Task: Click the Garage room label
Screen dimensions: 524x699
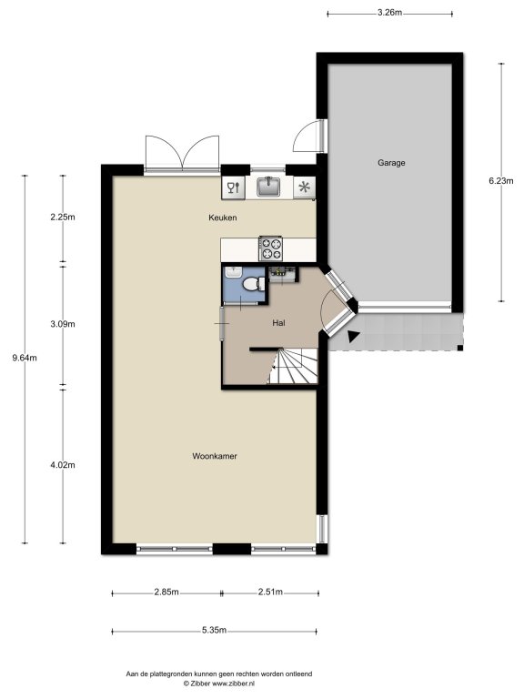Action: point(391,163)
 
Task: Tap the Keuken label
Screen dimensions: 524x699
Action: point(222,218)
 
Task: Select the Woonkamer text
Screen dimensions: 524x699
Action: point(215,456)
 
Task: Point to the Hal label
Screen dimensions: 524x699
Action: point(279,323)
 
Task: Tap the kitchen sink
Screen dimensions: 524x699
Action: point(268,187)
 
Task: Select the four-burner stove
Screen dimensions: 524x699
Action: point(271,248)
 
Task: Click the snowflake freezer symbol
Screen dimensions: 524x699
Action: point(305,187)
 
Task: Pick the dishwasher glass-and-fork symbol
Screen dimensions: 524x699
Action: point(234,187)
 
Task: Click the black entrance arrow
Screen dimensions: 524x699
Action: point(353,337)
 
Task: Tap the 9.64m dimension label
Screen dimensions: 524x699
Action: point(25,358)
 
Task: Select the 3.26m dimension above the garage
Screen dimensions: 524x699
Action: point(389,13)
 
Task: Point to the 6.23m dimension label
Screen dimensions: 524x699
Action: point(501,180)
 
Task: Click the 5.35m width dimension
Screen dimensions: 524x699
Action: point(215,631)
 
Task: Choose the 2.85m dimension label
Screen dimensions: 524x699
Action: point(166,592)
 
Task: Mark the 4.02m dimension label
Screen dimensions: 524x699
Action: point(63,464)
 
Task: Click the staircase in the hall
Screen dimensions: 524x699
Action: point(293,366)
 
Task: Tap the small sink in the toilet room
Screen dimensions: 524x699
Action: point(234,272)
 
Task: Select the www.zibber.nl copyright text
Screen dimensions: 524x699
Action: point(218,683)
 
